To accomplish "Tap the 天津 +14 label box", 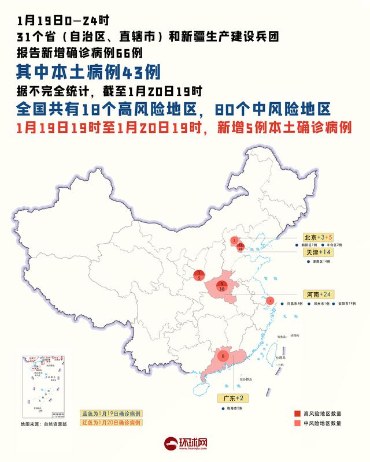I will click(318, 253).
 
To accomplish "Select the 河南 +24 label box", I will click(318, 294).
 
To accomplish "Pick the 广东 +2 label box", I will click(233, 398).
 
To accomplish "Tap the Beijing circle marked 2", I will click(234, 240).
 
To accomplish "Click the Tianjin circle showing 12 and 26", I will click(240, 247).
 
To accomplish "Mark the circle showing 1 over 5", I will click(199, 275).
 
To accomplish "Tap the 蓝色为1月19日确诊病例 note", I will click(110, 414).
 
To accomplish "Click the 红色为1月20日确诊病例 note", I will click(110, 422).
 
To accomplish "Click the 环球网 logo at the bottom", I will click(186, 445).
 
